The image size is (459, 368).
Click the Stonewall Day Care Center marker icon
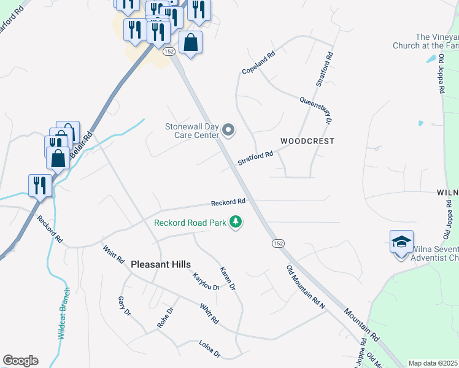tap(228, 129)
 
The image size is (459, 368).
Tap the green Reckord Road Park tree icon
tap(235, 222)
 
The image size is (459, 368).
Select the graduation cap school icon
tap(401, 242)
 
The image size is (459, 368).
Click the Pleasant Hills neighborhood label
tap(161, 264)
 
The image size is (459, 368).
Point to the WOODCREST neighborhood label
tap(307, 141)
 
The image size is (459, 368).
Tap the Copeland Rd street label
tap(258, 63)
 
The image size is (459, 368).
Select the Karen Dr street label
tap(228, 278)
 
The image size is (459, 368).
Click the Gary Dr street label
tap(124, 306)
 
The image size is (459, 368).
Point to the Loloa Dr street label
tap(209, 350)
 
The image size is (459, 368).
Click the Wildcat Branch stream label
tap(63, 313)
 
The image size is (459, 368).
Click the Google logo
tap(20, 361)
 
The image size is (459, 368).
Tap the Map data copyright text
tap(433, 363)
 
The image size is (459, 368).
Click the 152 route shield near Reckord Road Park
tap(278, 243)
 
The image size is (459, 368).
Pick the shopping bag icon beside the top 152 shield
tap(191, 44)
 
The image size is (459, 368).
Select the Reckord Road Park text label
tap(190, 223)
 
